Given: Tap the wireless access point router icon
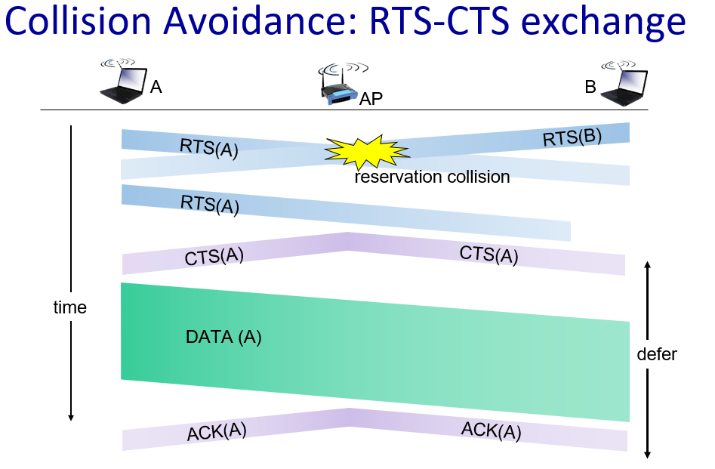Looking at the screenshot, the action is point(341,85).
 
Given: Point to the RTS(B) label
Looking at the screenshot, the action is point(572,137).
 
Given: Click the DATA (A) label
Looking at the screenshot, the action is point(223,337).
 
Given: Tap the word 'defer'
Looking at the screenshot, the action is point(657,354).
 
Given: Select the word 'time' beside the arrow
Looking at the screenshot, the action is point(69,307).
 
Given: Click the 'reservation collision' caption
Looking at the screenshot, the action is point(432,177).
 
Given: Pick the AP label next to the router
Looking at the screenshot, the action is point(371,98).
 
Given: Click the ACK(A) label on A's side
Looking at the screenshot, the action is point(217,431).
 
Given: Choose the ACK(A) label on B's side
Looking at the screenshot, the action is point(491,430).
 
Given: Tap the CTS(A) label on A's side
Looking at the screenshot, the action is point(214,256).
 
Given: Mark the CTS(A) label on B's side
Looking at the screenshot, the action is point(488,255).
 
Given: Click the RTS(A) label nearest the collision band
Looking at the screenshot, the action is point(209,148).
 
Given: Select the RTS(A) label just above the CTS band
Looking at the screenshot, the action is point(210,205).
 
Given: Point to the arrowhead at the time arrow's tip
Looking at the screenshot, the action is point(71,417).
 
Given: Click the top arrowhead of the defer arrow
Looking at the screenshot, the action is point(647,265).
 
